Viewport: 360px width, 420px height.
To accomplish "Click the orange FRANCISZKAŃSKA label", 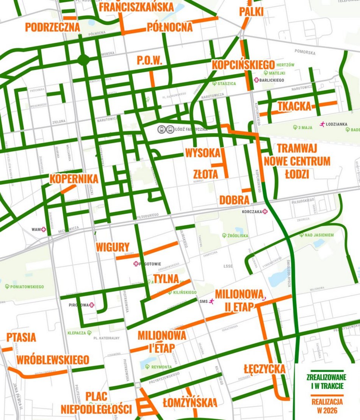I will pos(136,7).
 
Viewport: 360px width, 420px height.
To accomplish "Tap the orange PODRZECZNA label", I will pos(53,27).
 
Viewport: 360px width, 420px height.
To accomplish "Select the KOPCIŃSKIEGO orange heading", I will pos(243,64).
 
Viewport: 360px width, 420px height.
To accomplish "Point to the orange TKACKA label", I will pos(294,107).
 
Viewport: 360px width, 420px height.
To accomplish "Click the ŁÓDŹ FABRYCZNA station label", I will pos(188,130).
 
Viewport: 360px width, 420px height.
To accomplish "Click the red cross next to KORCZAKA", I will pos(265,212).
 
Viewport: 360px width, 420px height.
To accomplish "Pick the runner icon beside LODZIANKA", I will pos(322,124).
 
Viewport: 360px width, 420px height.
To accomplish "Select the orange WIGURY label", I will pos(113,247).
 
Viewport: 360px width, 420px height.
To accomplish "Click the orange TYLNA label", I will pos(166,279).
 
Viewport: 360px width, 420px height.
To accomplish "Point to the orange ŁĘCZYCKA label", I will pos(265,368).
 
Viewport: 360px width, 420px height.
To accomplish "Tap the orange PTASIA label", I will pos(21,337).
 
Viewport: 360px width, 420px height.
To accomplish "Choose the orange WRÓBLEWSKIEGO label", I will pos(53,359).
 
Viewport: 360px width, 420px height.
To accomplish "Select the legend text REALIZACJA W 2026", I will pos(326,405).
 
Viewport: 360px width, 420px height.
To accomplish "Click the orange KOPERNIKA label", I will pos(74,179).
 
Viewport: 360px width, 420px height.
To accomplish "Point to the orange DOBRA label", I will pos(234,200).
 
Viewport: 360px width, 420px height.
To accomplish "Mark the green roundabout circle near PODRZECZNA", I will pos(83,60).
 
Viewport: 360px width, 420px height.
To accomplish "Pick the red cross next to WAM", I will pos(44,229).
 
